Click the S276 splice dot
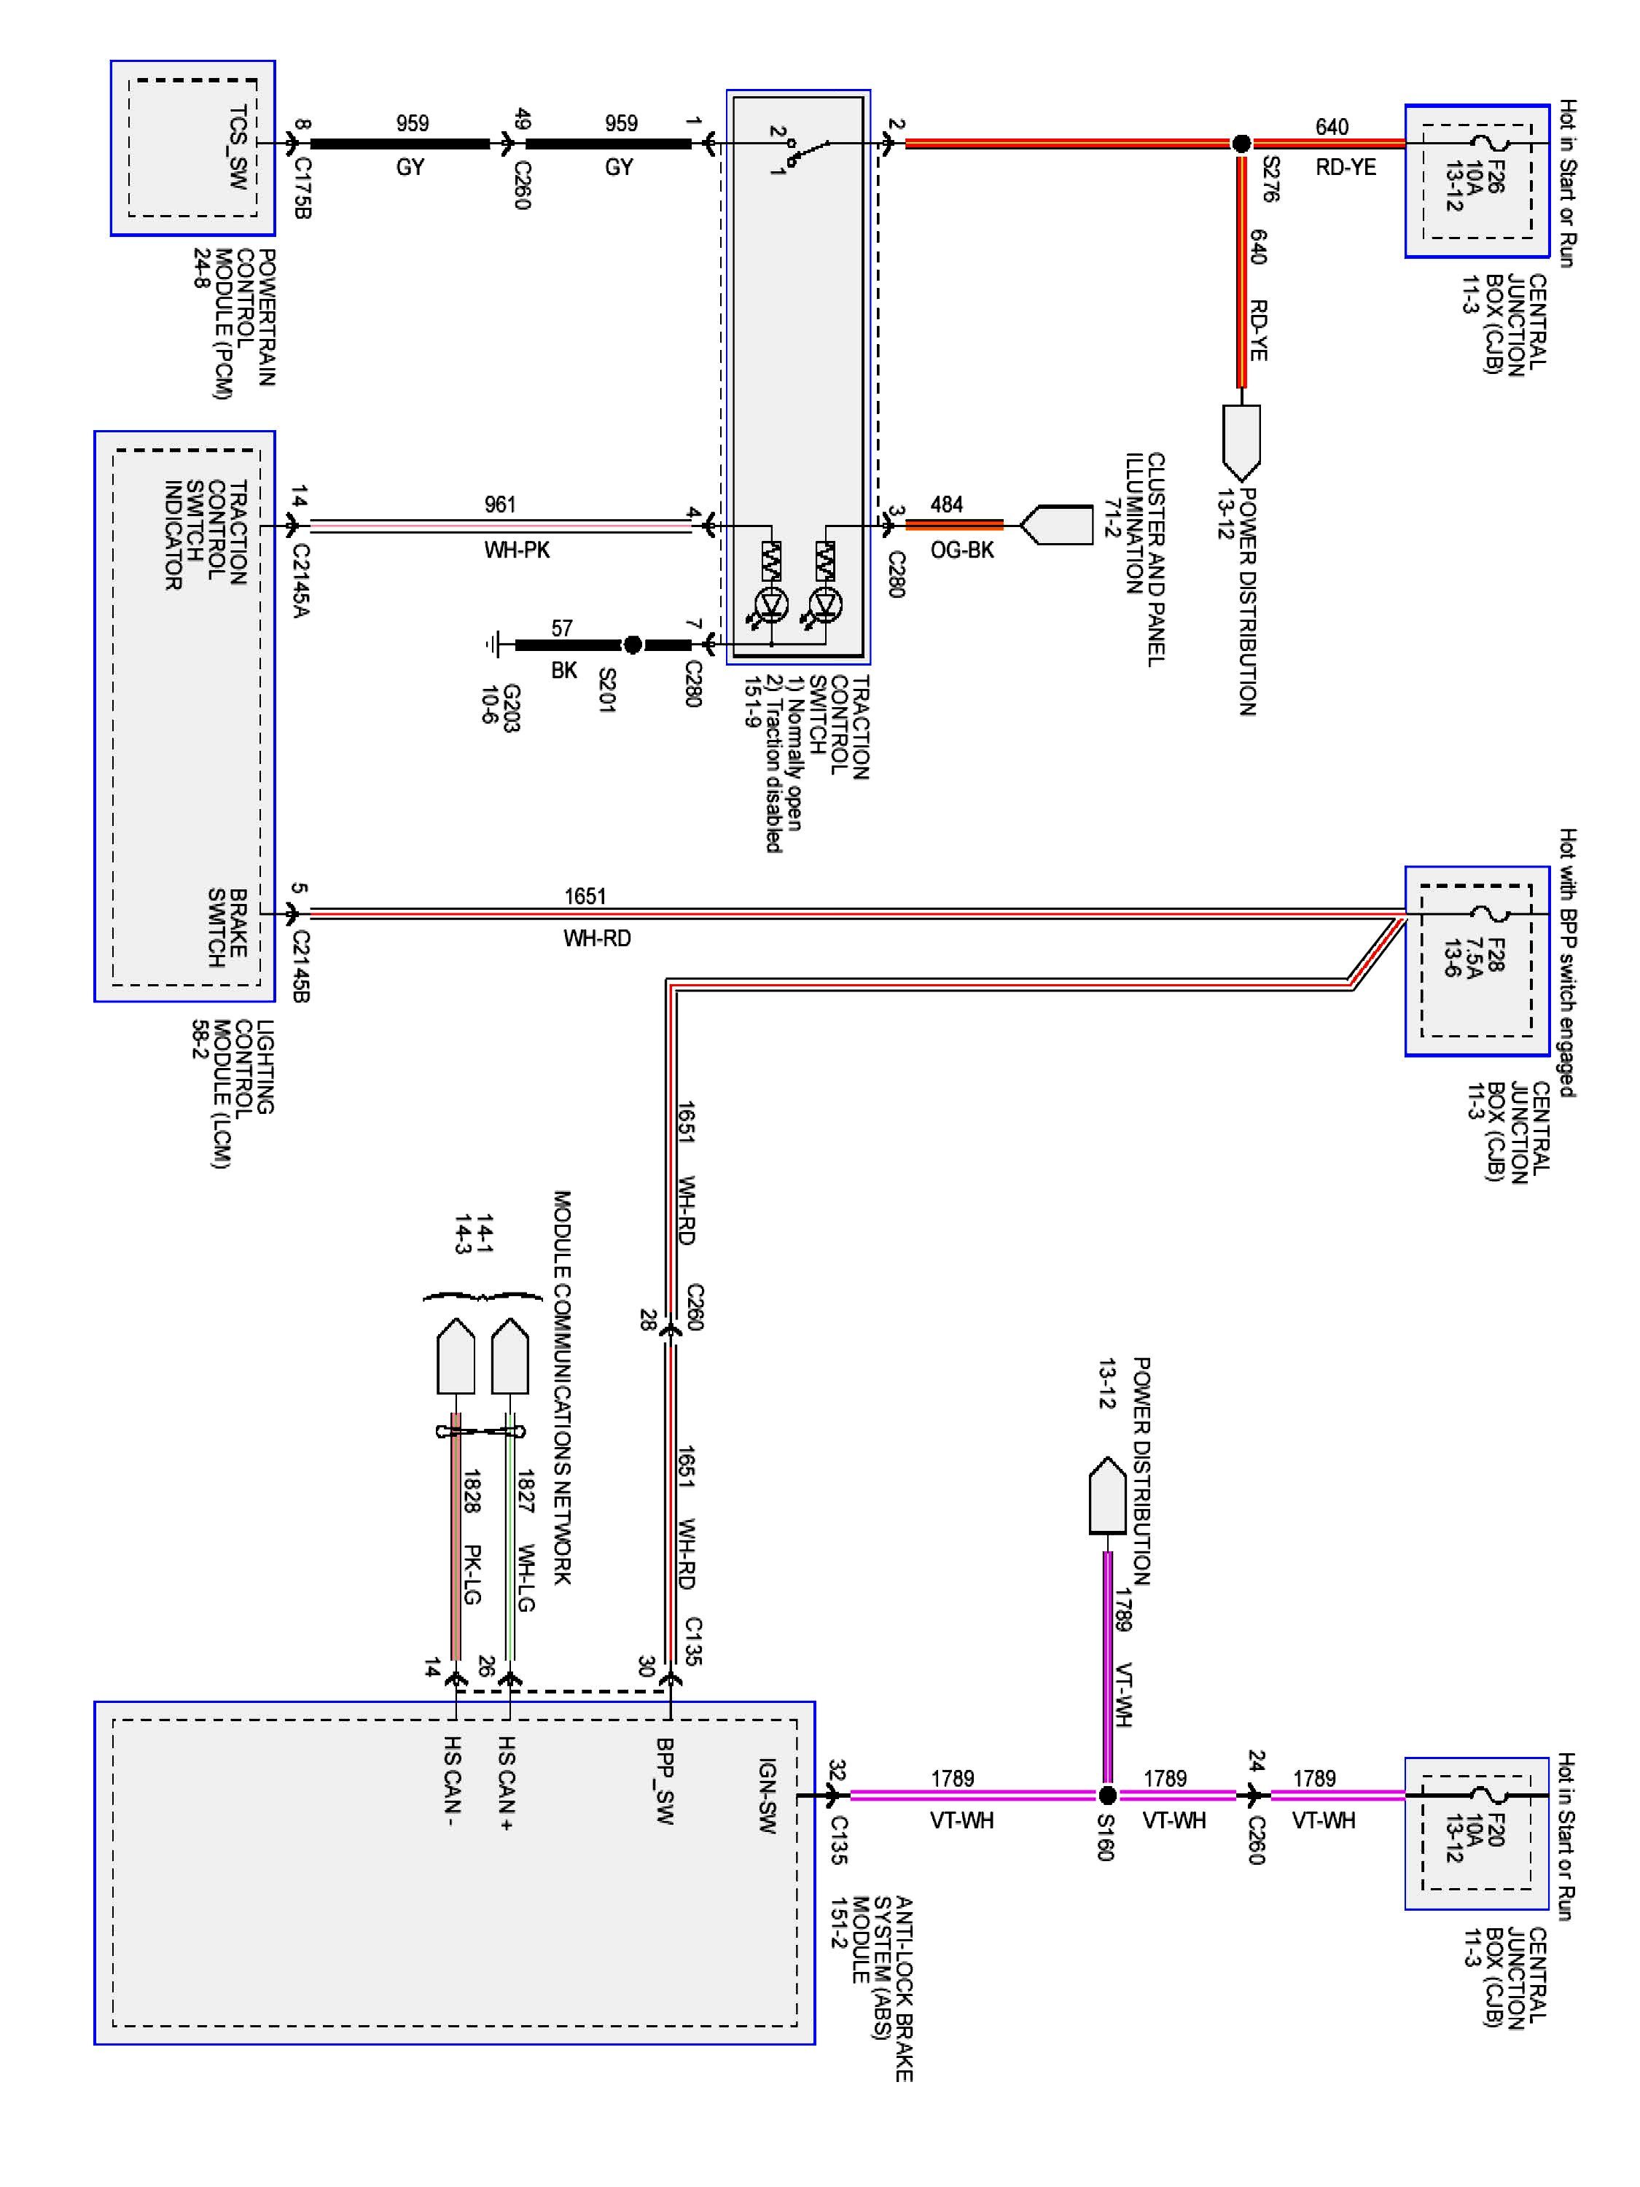pyautogui.click(x=1241, y=144)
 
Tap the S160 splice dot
pyautogui.click(x=1107, y=1795)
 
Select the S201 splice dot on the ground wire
pyautogui.click(x=633, y=644)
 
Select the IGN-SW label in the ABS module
pyautogui.click(x=767, y=1796)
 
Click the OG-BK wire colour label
pyautogui.click(x=962, y=550)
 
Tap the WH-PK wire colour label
pyautogui.click(x=517, y=550)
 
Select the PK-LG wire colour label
pyautogui.click(x=472, y=1574)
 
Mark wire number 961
pyautogui.click(x=500, y=504)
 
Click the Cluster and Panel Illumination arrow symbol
pyautogui.click(x=1055, y=525)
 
